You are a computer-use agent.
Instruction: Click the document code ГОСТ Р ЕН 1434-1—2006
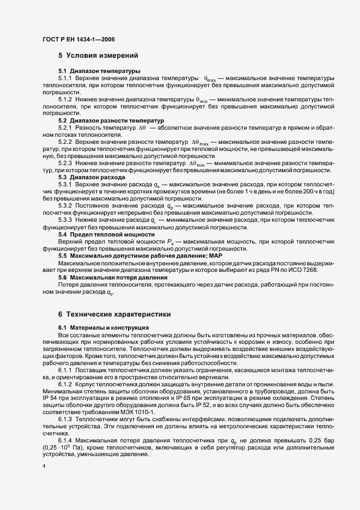coord(78,39)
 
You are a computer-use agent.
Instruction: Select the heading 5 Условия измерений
coord(99,56)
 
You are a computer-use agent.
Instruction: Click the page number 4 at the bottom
coord(44,466)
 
